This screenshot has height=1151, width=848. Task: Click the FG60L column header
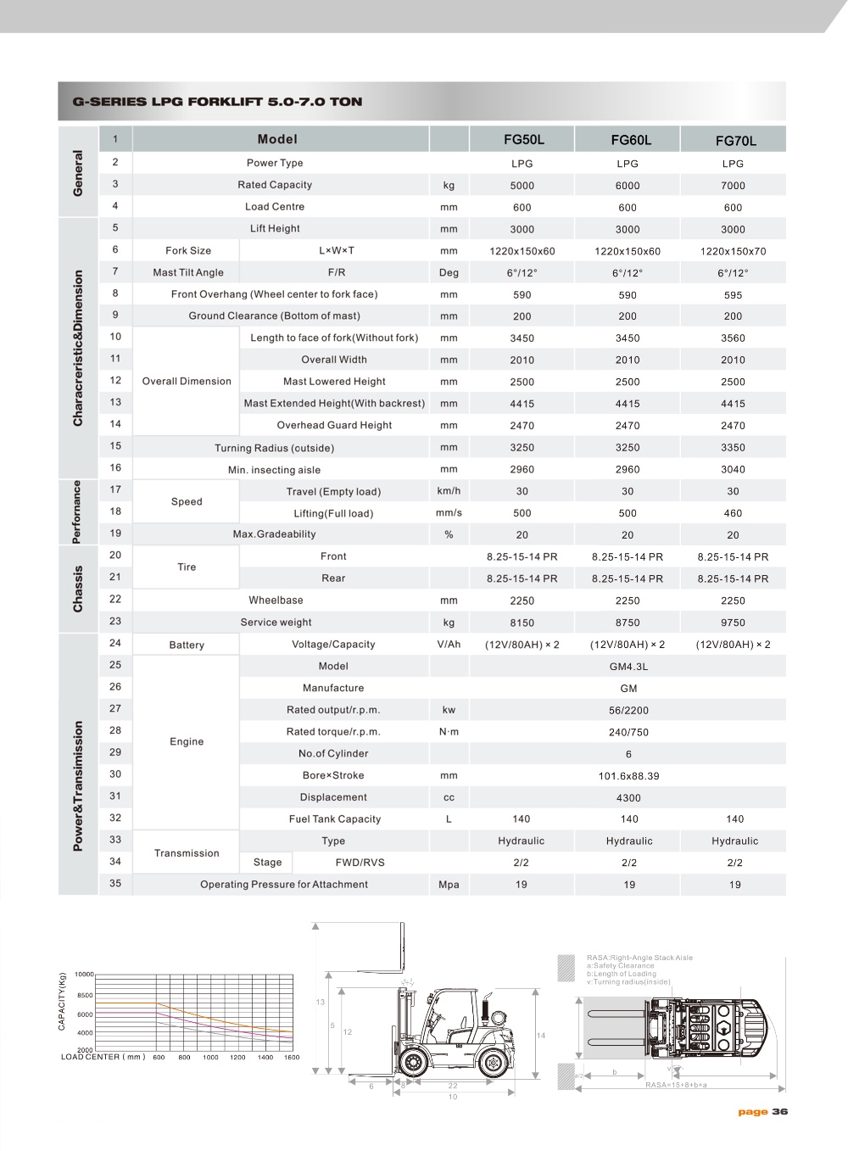pos(628,140)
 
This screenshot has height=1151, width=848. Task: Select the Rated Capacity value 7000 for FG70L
pos(733,186)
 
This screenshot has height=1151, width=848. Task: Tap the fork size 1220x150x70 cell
pos(733,251)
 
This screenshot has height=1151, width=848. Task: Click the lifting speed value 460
pos(733,513)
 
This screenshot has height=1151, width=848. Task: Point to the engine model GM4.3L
pos(628,667)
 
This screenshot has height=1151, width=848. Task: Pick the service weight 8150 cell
pos(522,623)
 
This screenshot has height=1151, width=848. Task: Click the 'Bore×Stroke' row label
pos(333,775)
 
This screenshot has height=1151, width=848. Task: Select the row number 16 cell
pos(115,467)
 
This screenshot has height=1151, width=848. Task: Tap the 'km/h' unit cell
pos(449,491)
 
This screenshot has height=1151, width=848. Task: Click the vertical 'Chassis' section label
pos(78,589)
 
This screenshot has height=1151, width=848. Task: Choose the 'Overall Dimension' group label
pos(187,382)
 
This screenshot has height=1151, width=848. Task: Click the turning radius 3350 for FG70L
pos(733,448)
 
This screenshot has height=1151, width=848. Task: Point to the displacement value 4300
pos(628,798)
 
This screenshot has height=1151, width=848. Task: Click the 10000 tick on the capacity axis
pos(84,975)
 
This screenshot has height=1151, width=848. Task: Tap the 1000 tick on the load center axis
pos(210,1058)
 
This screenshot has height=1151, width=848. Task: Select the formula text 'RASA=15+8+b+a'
pos(676,1085)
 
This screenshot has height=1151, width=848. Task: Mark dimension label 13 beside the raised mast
pos(321,1003)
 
